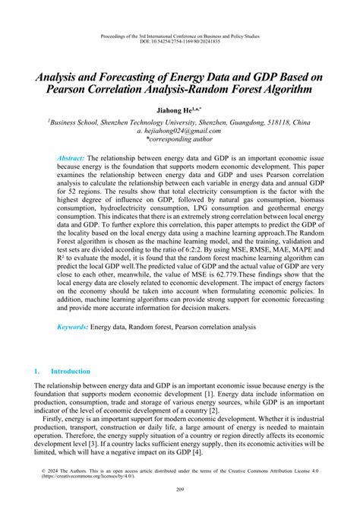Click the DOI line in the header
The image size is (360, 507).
pos(180,42)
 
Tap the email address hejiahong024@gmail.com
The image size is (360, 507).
pos(183,131)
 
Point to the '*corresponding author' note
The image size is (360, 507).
pos(180,140)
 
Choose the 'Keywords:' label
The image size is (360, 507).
pos(73,327)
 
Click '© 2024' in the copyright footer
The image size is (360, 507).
pos(50,471)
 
